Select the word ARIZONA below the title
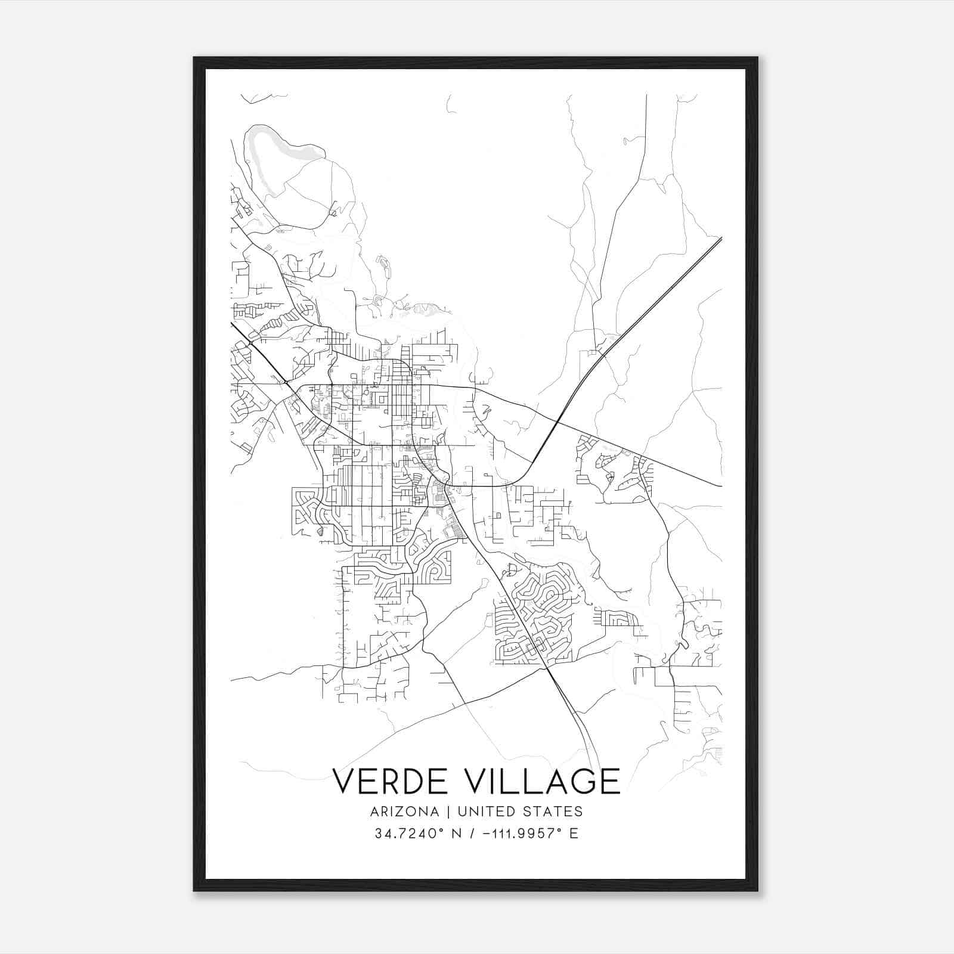[x=405, y=811]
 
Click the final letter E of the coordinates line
[x=574, y=834]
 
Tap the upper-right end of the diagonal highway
[x=720, y=239]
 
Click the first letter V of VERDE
[x=343, y=781]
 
